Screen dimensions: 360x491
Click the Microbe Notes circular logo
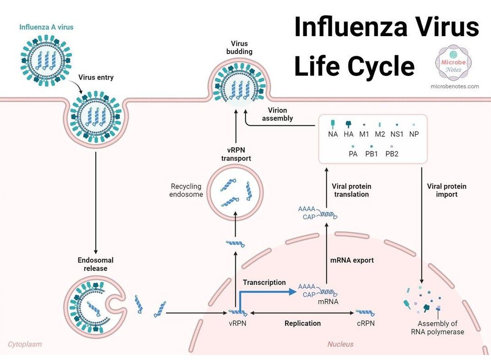453,63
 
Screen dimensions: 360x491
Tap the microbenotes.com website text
454,86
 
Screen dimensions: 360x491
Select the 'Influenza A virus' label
46,27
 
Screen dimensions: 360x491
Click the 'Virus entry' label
96,77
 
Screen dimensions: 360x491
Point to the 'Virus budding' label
239,48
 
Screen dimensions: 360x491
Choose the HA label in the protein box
349,134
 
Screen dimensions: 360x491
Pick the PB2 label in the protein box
392,154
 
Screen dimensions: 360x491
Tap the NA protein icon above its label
333,124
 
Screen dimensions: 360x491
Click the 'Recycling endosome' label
186,190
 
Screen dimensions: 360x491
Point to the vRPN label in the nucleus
238,323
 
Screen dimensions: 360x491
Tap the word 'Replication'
302,323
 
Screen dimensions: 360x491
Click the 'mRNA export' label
352,260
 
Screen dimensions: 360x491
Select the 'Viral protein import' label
446,190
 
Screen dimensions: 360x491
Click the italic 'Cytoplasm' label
25,344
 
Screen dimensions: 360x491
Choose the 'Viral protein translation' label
351,190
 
